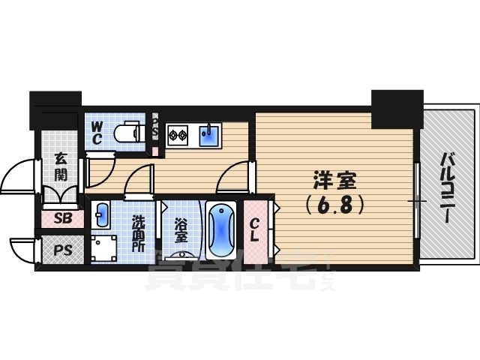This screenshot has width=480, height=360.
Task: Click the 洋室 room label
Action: click(335, 181)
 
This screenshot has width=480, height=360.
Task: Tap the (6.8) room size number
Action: click(335, 203)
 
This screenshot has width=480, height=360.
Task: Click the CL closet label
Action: click(255, 229)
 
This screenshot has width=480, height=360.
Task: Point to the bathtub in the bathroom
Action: click(221, 229)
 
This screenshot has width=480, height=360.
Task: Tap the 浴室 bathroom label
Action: click(181, 230)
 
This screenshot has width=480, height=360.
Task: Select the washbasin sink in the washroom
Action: click(102, 216)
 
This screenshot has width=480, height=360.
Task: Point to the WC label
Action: click(97, 133)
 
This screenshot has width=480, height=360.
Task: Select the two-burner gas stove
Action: click(177, 136)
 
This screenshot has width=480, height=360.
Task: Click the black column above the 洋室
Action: click(397, 107)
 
